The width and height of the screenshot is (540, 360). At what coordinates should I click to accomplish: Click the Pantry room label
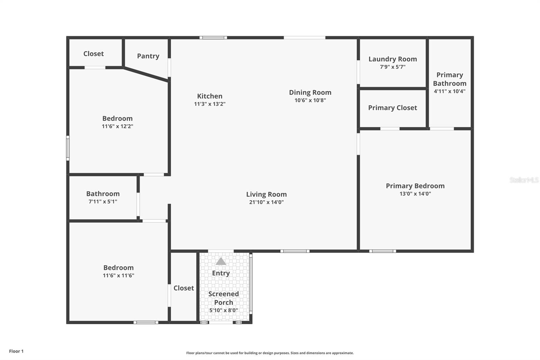[x=148, y=56]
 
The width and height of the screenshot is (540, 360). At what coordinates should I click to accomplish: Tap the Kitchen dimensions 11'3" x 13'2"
[x=210, y=104]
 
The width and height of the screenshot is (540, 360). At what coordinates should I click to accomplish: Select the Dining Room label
[x=310, y=92]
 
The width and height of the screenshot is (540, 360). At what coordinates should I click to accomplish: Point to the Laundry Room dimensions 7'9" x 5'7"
[x=393, y=67]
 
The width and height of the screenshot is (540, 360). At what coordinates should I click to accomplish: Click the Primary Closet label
[x=393, y=108]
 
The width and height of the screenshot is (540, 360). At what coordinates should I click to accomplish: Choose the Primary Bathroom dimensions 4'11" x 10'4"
[x=450, y=91]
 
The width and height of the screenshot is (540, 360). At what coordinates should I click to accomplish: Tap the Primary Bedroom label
[x=415, y=186]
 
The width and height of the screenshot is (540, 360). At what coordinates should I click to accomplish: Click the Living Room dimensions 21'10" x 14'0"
[x=266, y=202]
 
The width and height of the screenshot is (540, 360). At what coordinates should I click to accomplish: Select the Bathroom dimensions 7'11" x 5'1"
[x=103, y=202]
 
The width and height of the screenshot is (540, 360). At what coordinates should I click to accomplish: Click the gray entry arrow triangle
[x=221, y=261]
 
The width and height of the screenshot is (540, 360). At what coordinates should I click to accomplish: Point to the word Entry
[x=221, y=273]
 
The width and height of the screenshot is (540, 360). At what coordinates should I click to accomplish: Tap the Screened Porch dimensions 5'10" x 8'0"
[x=223, y=310]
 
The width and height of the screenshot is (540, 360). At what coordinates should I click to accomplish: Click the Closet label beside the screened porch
[x=184, y=288]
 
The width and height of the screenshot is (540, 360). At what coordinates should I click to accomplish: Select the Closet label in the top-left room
[x=93, y=54]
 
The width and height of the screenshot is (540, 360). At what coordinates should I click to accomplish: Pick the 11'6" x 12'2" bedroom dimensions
[x=117, y=126]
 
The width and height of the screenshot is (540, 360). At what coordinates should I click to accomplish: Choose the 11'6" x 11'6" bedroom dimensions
[x=118, y=276]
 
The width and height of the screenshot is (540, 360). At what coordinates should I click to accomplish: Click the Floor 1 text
[x=16, y=351]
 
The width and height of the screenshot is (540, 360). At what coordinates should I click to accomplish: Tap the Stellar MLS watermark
[x=524, y=180]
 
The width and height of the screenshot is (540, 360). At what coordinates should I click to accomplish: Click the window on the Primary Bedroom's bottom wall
[x=382, y=251]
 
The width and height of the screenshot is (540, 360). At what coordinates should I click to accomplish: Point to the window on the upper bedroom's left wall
[x=68, y=148]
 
